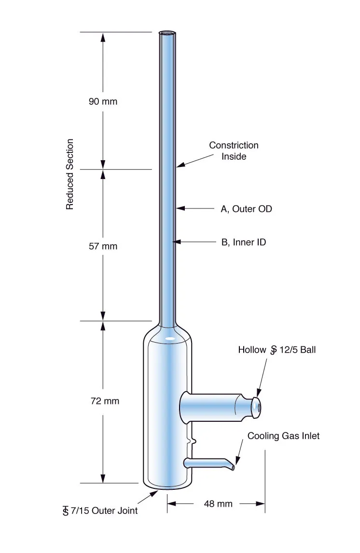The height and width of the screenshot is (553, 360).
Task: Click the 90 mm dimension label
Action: click(103, 101)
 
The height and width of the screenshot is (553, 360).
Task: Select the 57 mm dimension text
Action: click(103, 246)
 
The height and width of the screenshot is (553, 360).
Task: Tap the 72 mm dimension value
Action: click(105, 401)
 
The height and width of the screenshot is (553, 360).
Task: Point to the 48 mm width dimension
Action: click(218, 504)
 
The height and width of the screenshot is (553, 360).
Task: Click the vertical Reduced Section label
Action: click(70, 174)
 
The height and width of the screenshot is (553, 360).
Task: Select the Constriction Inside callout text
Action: click(234, 151)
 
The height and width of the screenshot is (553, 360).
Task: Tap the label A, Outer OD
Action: click(247, 209)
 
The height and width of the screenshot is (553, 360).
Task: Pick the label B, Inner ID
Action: click(244, 242)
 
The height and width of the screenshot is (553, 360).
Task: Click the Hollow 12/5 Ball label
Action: click(277, 350)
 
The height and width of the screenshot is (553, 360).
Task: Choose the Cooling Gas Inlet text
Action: click(283, 436)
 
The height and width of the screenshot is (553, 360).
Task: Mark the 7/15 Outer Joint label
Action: click(100, 511)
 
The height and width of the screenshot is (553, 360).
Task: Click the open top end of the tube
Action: click(167, 34)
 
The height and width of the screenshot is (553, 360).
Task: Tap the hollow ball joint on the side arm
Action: click(257, 408)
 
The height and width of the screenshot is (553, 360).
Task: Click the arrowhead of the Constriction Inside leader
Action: click(180, 165)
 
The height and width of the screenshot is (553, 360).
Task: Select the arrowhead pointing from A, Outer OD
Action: click(180, 208)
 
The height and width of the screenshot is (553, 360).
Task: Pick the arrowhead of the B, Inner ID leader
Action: click(176, 242)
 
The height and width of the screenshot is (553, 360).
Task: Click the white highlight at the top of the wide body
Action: click(170, 339)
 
